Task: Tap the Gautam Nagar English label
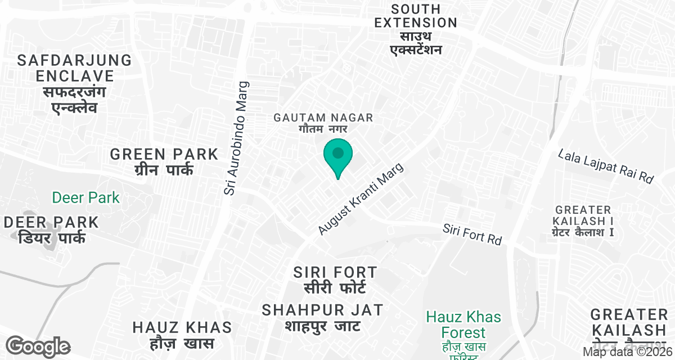pyautogui.click(x=323, y=118)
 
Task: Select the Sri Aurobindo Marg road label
pyautogui.click(x=236, y=138)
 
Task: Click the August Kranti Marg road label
pyautogui.click(x=361, y=200)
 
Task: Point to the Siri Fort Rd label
pyautogui.click(x=472, y=234)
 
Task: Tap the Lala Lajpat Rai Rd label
pyautogui.click(x=606, y=166)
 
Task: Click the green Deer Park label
pyautogui.click(x=86, y=197)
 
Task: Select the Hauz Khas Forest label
pyautogui.click(x=456, y=325)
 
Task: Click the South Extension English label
pyautogui.click(x=416, y=16)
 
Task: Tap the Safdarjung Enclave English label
pyautogui.click(x=74, y=67)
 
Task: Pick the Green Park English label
pyautogui.click(x=164, y=154)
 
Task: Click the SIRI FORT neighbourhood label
pyautogui.click(x=335, y=273)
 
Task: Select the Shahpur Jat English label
pyautogui.click(x=323, y=309)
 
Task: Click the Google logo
pyautogui.click(x=38, y=345)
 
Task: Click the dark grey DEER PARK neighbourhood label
pyautogui.click(x=51, y=222)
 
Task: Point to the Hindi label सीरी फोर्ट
pyautogui.click(x=335, y=288)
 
